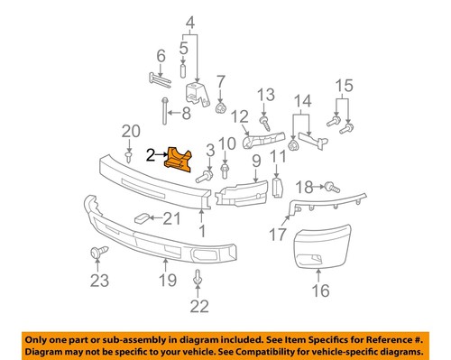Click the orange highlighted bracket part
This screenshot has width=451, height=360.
tap(179, 161)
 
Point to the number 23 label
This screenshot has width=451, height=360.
tap(97, 280)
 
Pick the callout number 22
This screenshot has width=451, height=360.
tap(196, 306)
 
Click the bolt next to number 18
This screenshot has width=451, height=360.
tap(328, 187)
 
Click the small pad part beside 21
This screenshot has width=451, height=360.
tap(142, 217)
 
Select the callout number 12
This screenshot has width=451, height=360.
tap(239, 115)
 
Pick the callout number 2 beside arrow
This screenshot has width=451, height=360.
tap(151, 155)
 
